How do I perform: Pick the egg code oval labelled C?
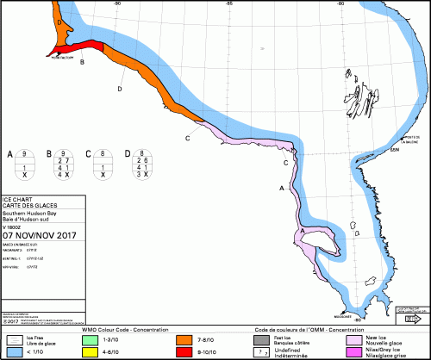pyautogui.click(x=103, y=164)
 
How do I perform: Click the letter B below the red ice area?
pyautogui.click(x=82, y=62)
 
